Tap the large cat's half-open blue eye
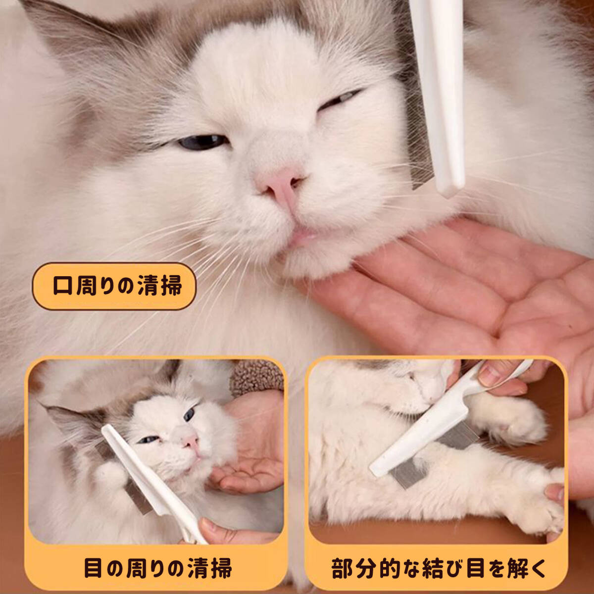[202, 142]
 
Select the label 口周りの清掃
[114, 286]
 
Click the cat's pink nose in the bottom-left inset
[191, 442]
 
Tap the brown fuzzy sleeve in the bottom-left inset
[256, 377]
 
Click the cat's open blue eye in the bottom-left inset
[189, 414]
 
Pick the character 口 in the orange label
[62, 286]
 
